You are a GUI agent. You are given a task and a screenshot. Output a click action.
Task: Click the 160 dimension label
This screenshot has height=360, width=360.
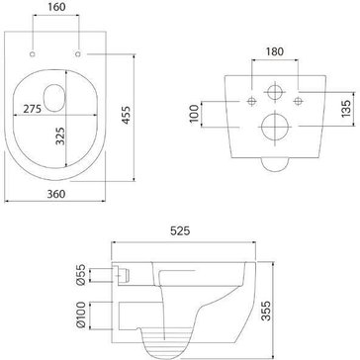tap(56, 7)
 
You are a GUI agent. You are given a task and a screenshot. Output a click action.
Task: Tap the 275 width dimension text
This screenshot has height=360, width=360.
tap(32, 109)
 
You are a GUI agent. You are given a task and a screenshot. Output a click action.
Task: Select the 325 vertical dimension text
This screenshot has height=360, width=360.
tap(60, 135)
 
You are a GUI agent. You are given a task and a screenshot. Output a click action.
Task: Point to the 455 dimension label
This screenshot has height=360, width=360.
tap(126, 115)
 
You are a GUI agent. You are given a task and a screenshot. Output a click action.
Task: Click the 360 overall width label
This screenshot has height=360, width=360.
tap(56, 194)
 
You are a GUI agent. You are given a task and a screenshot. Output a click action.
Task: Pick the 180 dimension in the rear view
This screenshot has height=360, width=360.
tap(274, 51)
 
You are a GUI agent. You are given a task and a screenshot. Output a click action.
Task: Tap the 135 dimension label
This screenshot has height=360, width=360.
tap(346, 109)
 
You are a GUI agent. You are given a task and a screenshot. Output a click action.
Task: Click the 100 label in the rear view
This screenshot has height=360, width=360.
tap(195, 114)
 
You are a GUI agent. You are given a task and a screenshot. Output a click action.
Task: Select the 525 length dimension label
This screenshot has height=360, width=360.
tap(180, 231)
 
